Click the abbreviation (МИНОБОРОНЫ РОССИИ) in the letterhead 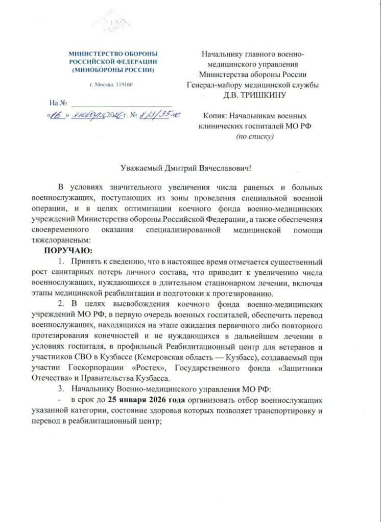[113, 69]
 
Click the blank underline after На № [123, 104]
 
